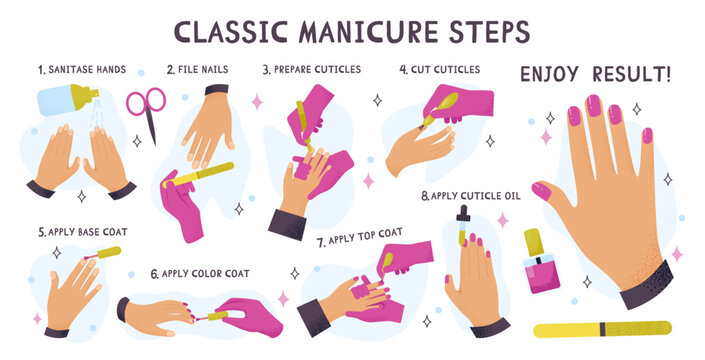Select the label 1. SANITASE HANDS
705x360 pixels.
point(81,70)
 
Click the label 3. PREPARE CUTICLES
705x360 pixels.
point(312,70)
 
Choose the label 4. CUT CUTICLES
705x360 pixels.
point(440,70)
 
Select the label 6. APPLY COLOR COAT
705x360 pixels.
point(200,273)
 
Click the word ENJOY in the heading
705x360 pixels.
point(553,74)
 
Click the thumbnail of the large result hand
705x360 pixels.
point(541,190)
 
